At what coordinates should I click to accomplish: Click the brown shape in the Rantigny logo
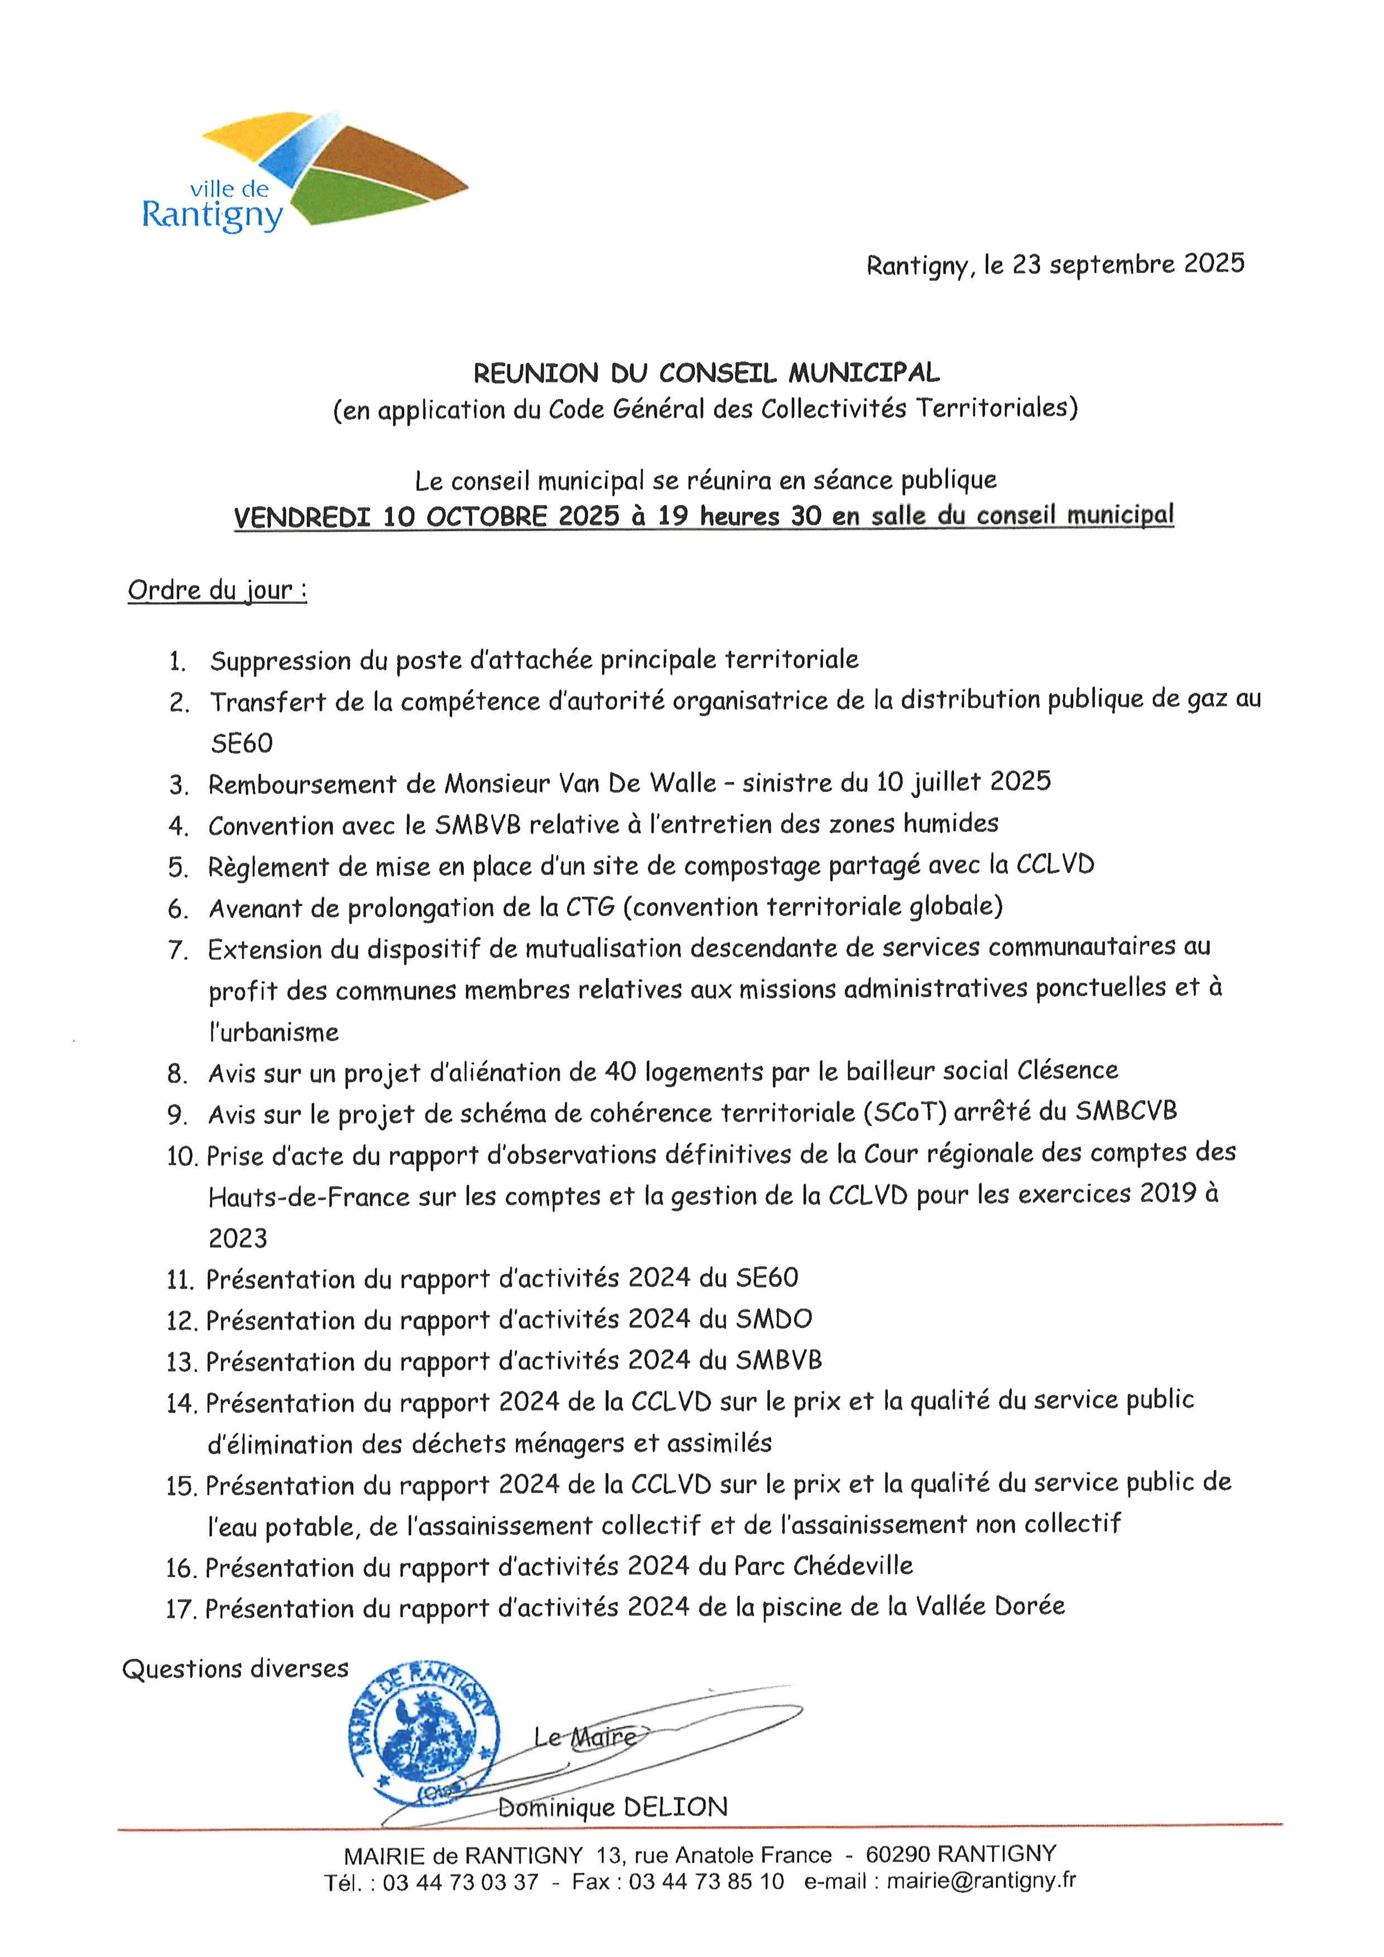coord(388,162)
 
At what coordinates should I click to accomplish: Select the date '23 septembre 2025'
coord(1128,265)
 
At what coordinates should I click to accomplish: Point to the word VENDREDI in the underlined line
coord(302,517)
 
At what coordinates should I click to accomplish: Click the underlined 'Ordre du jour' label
coord(217,590)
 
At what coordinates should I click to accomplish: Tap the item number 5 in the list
coord(177,868)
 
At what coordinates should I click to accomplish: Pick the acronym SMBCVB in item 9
coord(1125,1112)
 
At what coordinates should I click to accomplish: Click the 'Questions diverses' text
coord(235,1669)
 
